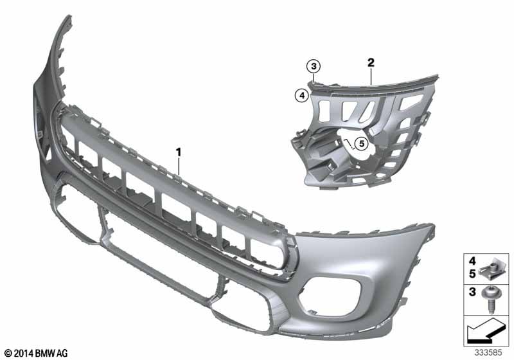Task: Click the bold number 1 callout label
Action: [x=179, y=152]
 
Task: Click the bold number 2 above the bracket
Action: [x=371, y=62]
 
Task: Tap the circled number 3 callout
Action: [x=314, y=67]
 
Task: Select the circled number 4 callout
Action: [x=302, y=96]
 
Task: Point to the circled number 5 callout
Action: [x=362, y=143]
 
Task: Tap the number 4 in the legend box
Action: [x=472, y=261]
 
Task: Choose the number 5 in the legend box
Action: [x=472, y=274]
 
